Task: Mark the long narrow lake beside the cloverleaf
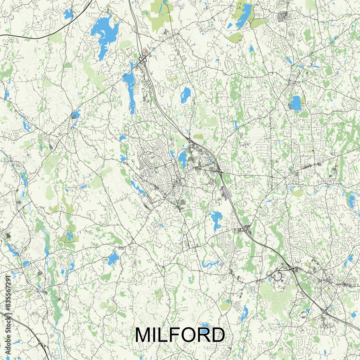coord(130,88)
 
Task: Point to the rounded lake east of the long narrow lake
coord(186,95)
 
